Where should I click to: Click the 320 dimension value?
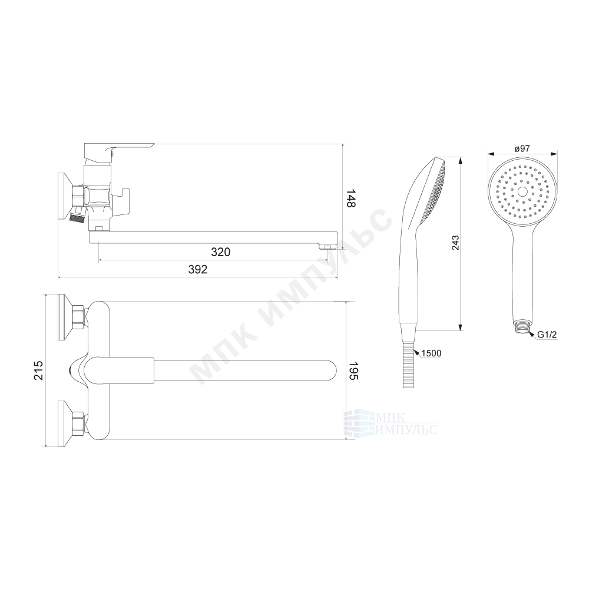[220, 252]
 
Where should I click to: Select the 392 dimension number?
[197, 269]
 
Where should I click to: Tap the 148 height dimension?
[351, 198]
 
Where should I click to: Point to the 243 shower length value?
[455, 243]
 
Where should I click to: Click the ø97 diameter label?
[522, 148]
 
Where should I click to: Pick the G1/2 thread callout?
[547, 335]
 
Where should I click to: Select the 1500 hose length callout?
[431, 353]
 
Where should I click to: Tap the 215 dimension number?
[39, 370]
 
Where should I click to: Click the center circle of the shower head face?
[522, 191]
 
